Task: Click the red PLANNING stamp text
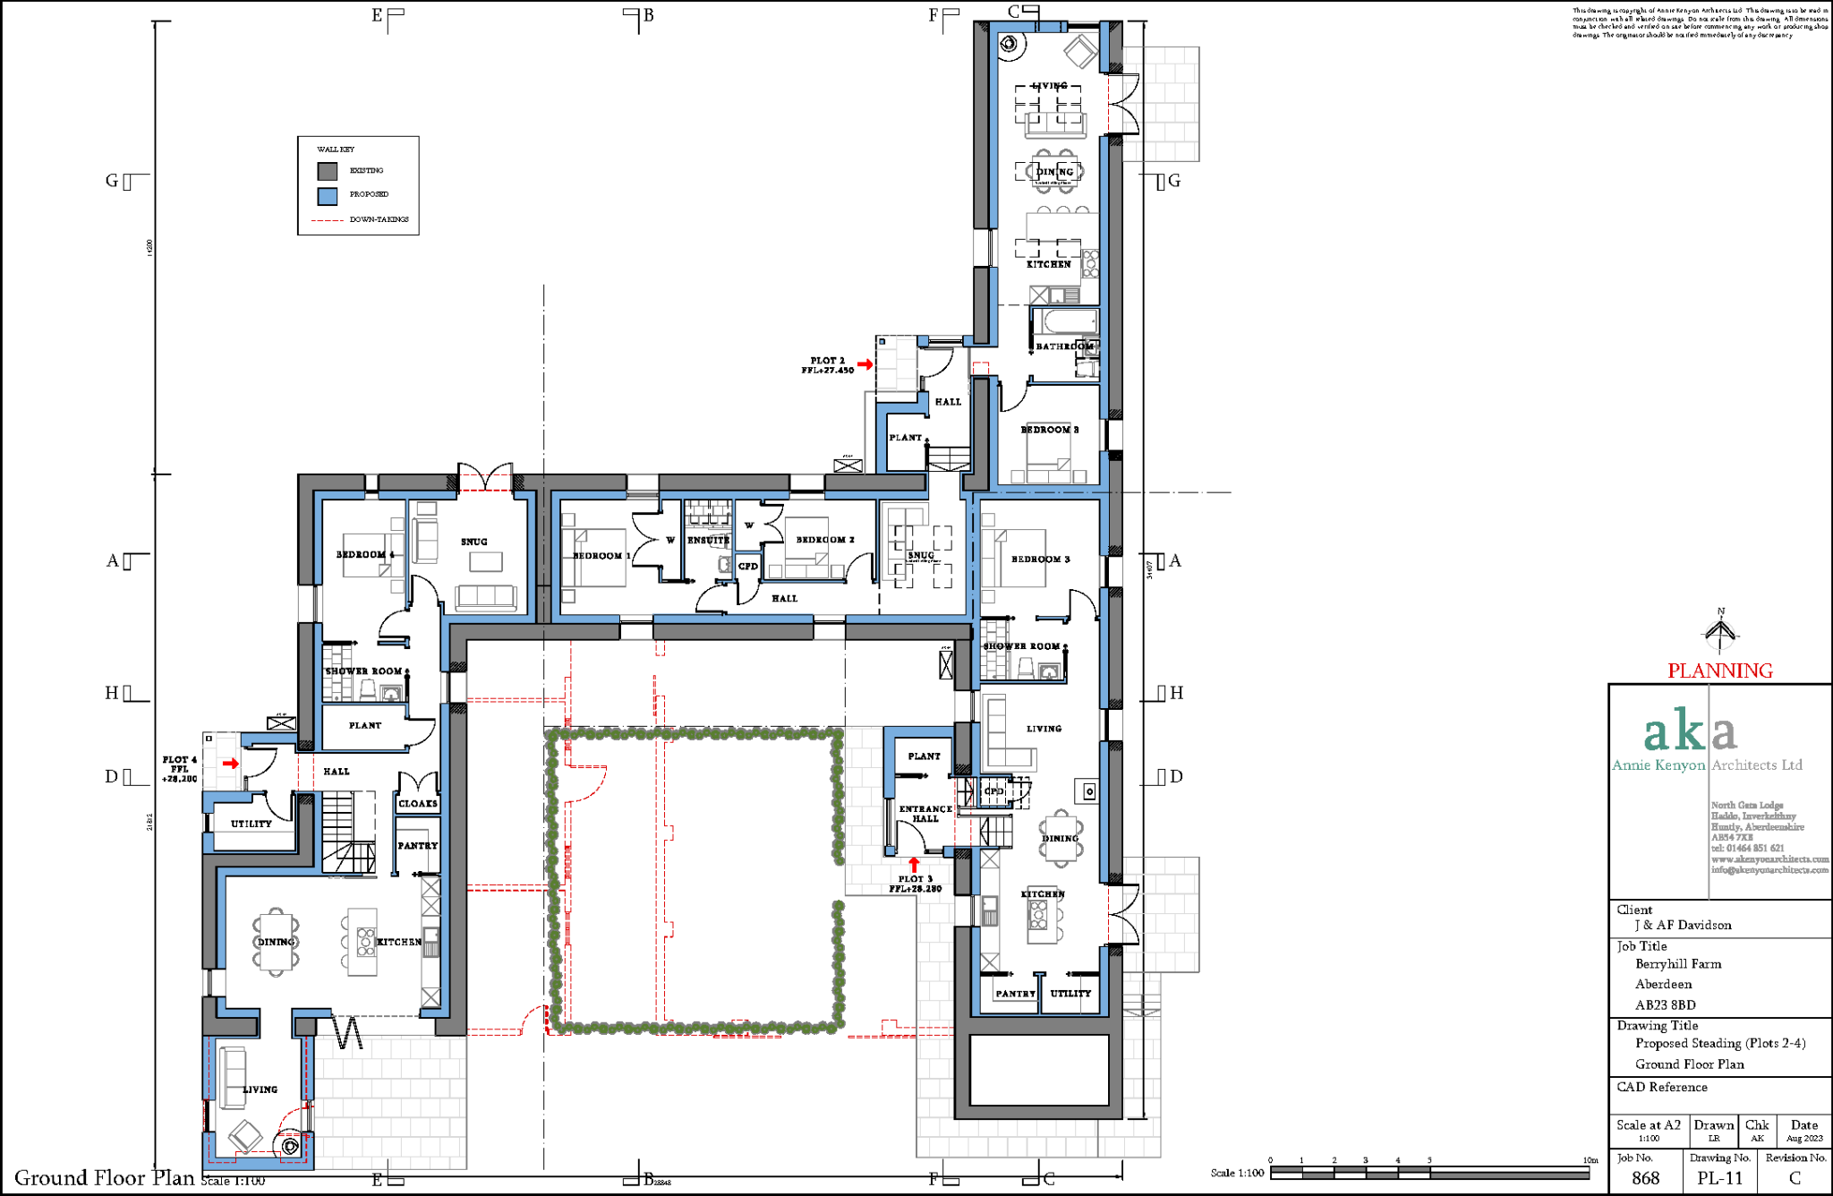tap(1719, 671)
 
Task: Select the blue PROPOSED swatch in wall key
tap(328, 195)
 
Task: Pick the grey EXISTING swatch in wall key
tap(328, 171)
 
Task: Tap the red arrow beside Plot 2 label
tap(865, 364)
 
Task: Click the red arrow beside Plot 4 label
tap(231, 764)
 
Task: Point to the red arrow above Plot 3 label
tap(914, 865)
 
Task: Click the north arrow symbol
tap(1720, 631)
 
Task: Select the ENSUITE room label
tap(708, 541)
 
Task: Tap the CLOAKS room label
tap(418, 804)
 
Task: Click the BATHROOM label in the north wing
tap(1064, 346)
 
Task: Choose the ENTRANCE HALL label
tap(925, 813)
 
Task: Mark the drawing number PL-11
tap(1719, 1178)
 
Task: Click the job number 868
tap(1645, 1178)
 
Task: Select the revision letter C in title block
tap(1794, 1178)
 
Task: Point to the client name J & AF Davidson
tap(1683, 926)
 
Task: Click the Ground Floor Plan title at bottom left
tap(104, 1178)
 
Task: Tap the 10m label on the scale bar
tap(1590, 1160)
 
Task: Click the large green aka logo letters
tap(1690, 731)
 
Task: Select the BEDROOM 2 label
tap(825, 540)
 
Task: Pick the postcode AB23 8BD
tap(1665, 1005)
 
